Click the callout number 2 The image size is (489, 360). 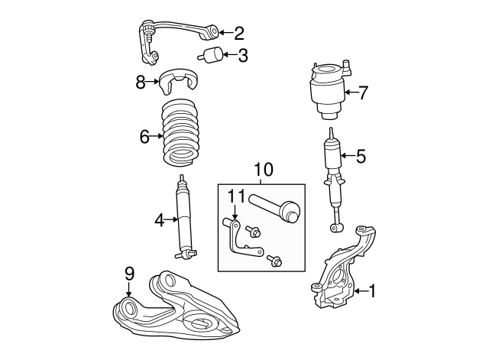239,33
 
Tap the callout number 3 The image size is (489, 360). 243,56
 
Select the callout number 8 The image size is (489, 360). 141,83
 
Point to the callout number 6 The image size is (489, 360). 144,137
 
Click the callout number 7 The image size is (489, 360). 364,93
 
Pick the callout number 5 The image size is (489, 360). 361,156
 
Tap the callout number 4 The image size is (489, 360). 160,221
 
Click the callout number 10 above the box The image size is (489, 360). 264,170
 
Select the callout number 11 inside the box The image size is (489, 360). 237,196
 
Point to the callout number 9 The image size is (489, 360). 129,274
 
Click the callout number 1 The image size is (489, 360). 372,291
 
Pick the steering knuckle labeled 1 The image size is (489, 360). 342,268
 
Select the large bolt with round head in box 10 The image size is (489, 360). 274,207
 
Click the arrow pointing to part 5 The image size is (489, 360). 347,156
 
